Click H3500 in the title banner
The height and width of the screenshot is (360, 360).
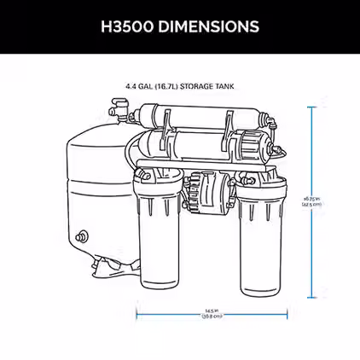point(129,26)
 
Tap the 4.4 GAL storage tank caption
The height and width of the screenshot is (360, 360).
point(179,85)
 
